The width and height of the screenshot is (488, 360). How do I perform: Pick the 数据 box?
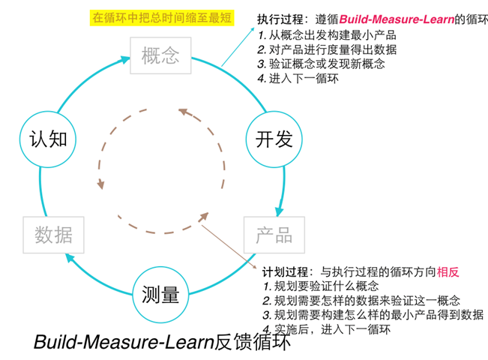(53, 234)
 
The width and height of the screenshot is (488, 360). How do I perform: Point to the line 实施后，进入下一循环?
(328, 328)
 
